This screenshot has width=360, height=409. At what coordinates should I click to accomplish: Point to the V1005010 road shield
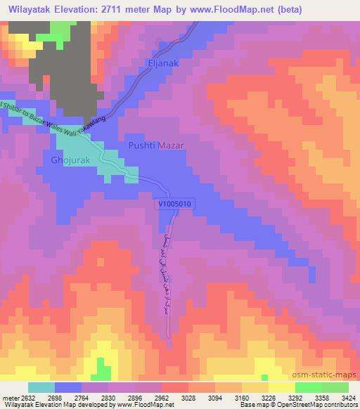point(174,202)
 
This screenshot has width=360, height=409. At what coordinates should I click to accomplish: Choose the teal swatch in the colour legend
point(41,387)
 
